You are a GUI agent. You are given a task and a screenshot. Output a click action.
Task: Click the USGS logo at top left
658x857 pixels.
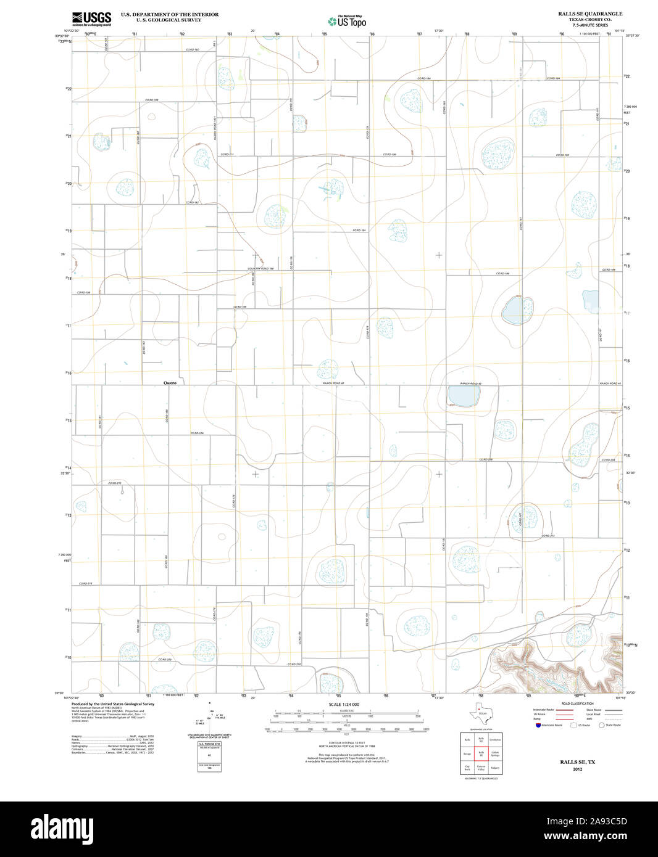coord(91,18)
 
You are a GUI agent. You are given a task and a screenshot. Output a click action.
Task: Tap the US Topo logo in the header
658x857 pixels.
coord(347,21)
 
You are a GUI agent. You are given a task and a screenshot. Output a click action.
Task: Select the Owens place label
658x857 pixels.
coord(170,383)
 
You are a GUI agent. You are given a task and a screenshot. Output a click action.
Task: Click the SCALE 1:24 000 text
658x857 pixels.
coord(344,704)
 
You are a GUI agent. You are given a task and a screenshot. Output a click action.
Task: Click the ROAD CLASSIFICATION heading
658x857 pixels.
coord(577,703)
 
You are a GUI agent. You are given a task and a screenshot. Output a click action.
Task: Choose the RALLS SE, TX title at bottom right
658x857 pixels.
coord(577,762)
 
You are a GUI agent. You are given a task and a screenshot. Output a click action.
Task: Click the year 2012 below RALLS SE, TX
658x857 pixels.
coord(577,769)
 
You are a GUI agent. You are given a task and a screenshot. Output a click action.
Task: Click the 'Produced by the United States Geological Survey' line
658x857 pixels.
coord(113,703)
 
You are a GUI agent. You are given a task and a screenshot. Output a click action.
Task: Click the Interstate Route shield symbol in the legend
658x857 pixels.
coord(539,725)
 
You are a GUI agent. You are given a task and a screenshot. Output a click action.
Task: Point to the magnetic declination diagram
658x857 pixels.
coord(210,715)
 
